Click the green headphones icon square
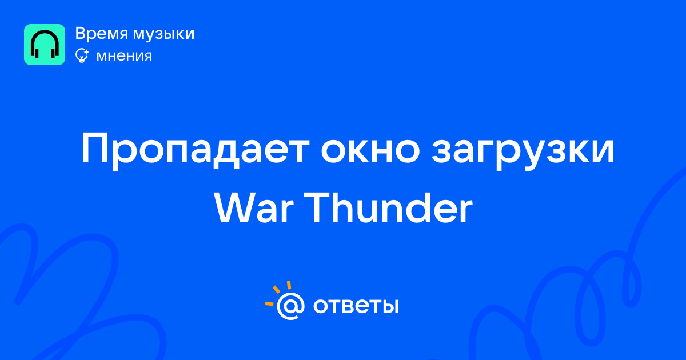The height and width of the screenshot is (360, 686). [45, 45]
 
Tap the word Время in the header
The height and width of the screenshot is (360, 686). [102, 33]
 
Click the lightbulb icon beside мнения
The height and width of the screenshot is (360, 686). [82, 56]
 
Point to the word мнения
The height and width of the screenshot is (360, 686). [124, 57]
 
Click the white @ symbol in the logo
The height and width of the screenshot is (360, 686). [290, 306]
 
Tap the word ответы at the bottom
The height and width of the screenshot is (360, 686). [356, 306]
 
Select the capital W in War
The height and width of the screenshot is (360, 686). [234, 209]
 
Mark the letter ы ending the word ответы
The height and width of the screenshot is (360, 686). [391, 306]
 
